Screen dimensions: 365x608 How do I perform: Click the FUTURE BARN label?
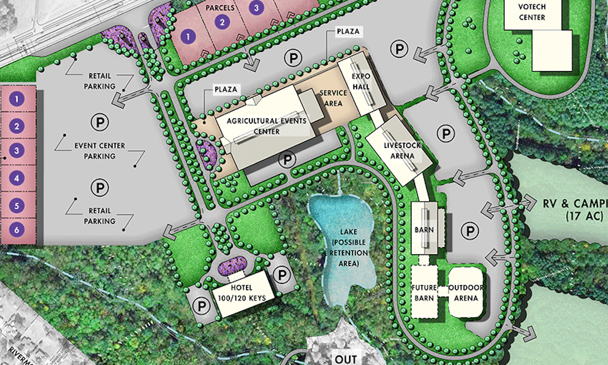coord(424,293)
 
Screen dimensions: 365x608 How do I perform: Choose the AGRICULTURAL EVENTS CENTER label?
coord(267,126)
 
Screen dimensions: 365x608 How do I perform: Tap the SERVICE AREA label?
coord(332,98)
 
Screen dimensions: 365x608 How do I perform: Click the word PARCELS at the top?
coord(220,9)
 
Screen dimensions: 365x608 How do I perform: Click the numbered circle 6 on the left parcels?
coord(17,230)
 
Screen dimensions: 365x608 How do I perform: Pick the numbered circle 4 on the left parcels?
coord(17,179)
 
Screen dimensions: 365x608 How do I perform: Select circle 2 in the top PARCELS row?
coord(222,21)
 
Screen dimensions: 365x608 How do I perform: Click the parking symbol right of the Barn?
coord(470,232)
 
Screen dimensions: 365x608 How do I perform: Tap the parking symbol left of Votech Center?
coord(399,48)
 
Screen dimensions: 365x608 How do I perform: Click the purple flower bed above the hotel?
coord(232,265)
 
